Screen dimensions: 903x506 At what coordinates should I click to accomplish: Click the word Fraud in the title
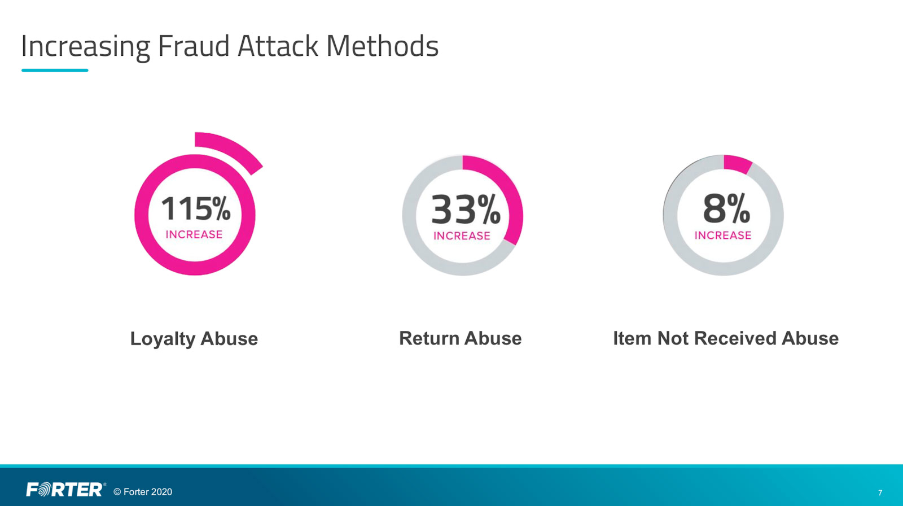pyautogui.click(x=194, y=46)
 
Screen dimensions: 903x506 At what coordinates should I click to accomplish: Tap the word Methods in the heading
pyautogui.click(x=382, y=46)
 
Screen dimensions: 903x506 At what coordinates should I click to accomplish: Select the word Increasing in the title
pyautogui.click(x=85, y=47)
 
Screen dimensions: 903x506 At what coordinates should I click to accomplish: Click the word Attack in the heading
pyautogui.click(x=278, y=46)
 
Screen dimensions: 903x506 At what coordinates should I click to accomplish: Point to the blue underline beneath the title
pyautogui.click(x=55, y=70)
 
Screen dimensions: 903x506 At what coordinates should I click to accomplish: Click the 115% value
pyautogui.click(x=196, y=208)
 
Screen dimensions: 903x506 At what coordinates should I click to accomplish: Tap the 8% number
pyautogui.click(x=726, y=208)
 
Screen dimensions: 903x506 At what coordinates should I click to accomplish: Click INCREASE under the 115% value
pyautogui.click(x=194, y=234)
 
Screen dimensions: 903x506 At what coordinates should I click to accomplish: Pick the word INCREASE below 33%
pyautogui.click(x=462, y=235)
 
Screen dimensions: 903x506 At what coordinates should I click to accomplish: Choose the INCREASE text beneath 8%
pyautogui.click(x=723, y=235)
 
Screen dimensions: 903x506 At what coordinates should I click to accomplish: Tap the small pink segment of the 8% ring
pyautogui.click(x=737, y=163)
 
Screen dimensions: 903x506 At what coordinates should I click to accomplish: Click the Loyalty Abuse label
pyautogui.click(x=194, y=339)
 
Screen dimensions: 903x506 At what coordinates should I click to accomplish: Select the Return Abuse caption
pyautogui.click(x=461, y=338)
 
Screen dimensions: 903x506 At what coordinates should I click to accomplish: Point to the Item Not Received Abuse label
pyautogui.click(x=726, y=338)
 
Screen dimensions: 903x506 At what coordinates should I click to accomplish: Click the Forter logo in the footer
pyautogui.click(x=65, y=490)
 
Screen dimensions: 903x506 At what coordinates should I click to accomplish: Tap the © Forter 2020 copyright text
pyautogui.click(x=143, y=492)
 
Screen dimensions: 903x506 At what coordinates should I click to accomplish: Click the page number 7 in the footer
pyautogui.click(x=880, y=492)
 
